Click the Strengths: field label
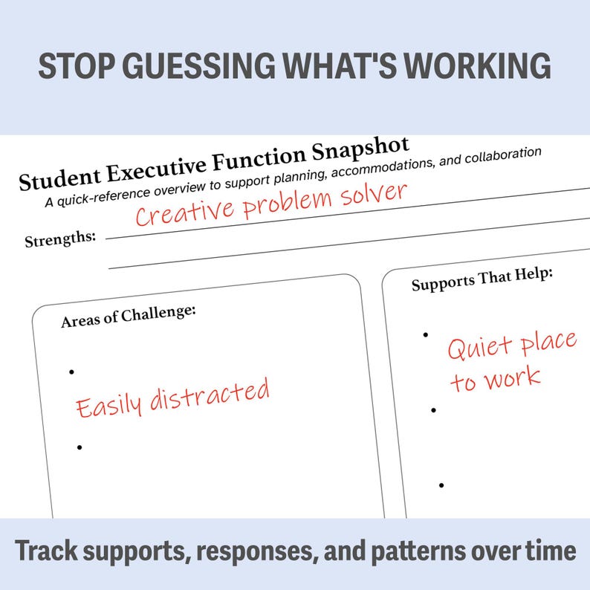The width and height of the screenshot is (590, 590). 60,240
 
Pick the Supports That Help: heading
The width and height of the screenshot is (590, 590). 482,281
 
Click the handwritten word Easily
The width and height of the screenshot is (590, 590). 110,405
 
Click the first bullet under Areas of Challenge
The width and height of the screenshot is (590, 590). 71,372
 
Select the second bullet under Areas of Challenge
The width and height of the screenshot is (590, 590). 79,447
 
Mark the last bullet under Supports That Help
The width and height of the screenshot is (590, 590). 441,485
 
